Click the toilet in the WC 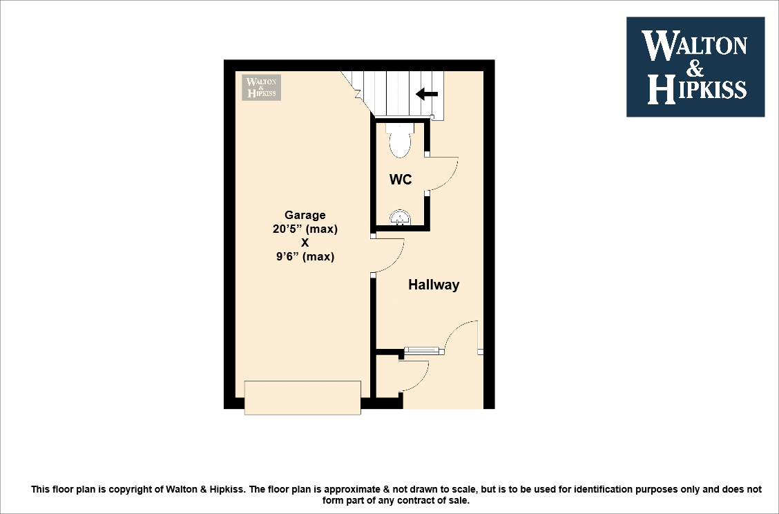[x=400, y=140]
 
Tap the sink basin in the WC [x=400, y=218]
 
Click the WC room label [x=401, y=180]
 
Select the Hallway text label [x=433, y=285]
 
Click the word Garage [x=305, y=215]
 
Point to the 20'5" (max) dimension [x=305, y=229]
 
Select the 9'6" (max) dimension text [x=305, y=256]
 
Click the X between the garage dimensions [x=305, y=242]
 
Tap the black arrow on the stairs [x=426, y=95]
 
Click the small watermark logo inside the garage [x=262, y=88]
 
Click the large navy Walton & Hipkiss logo [x=695, y=67]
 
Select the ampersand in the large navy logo [x=695, y=67]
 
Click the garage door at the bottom [x=302, y=397]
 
